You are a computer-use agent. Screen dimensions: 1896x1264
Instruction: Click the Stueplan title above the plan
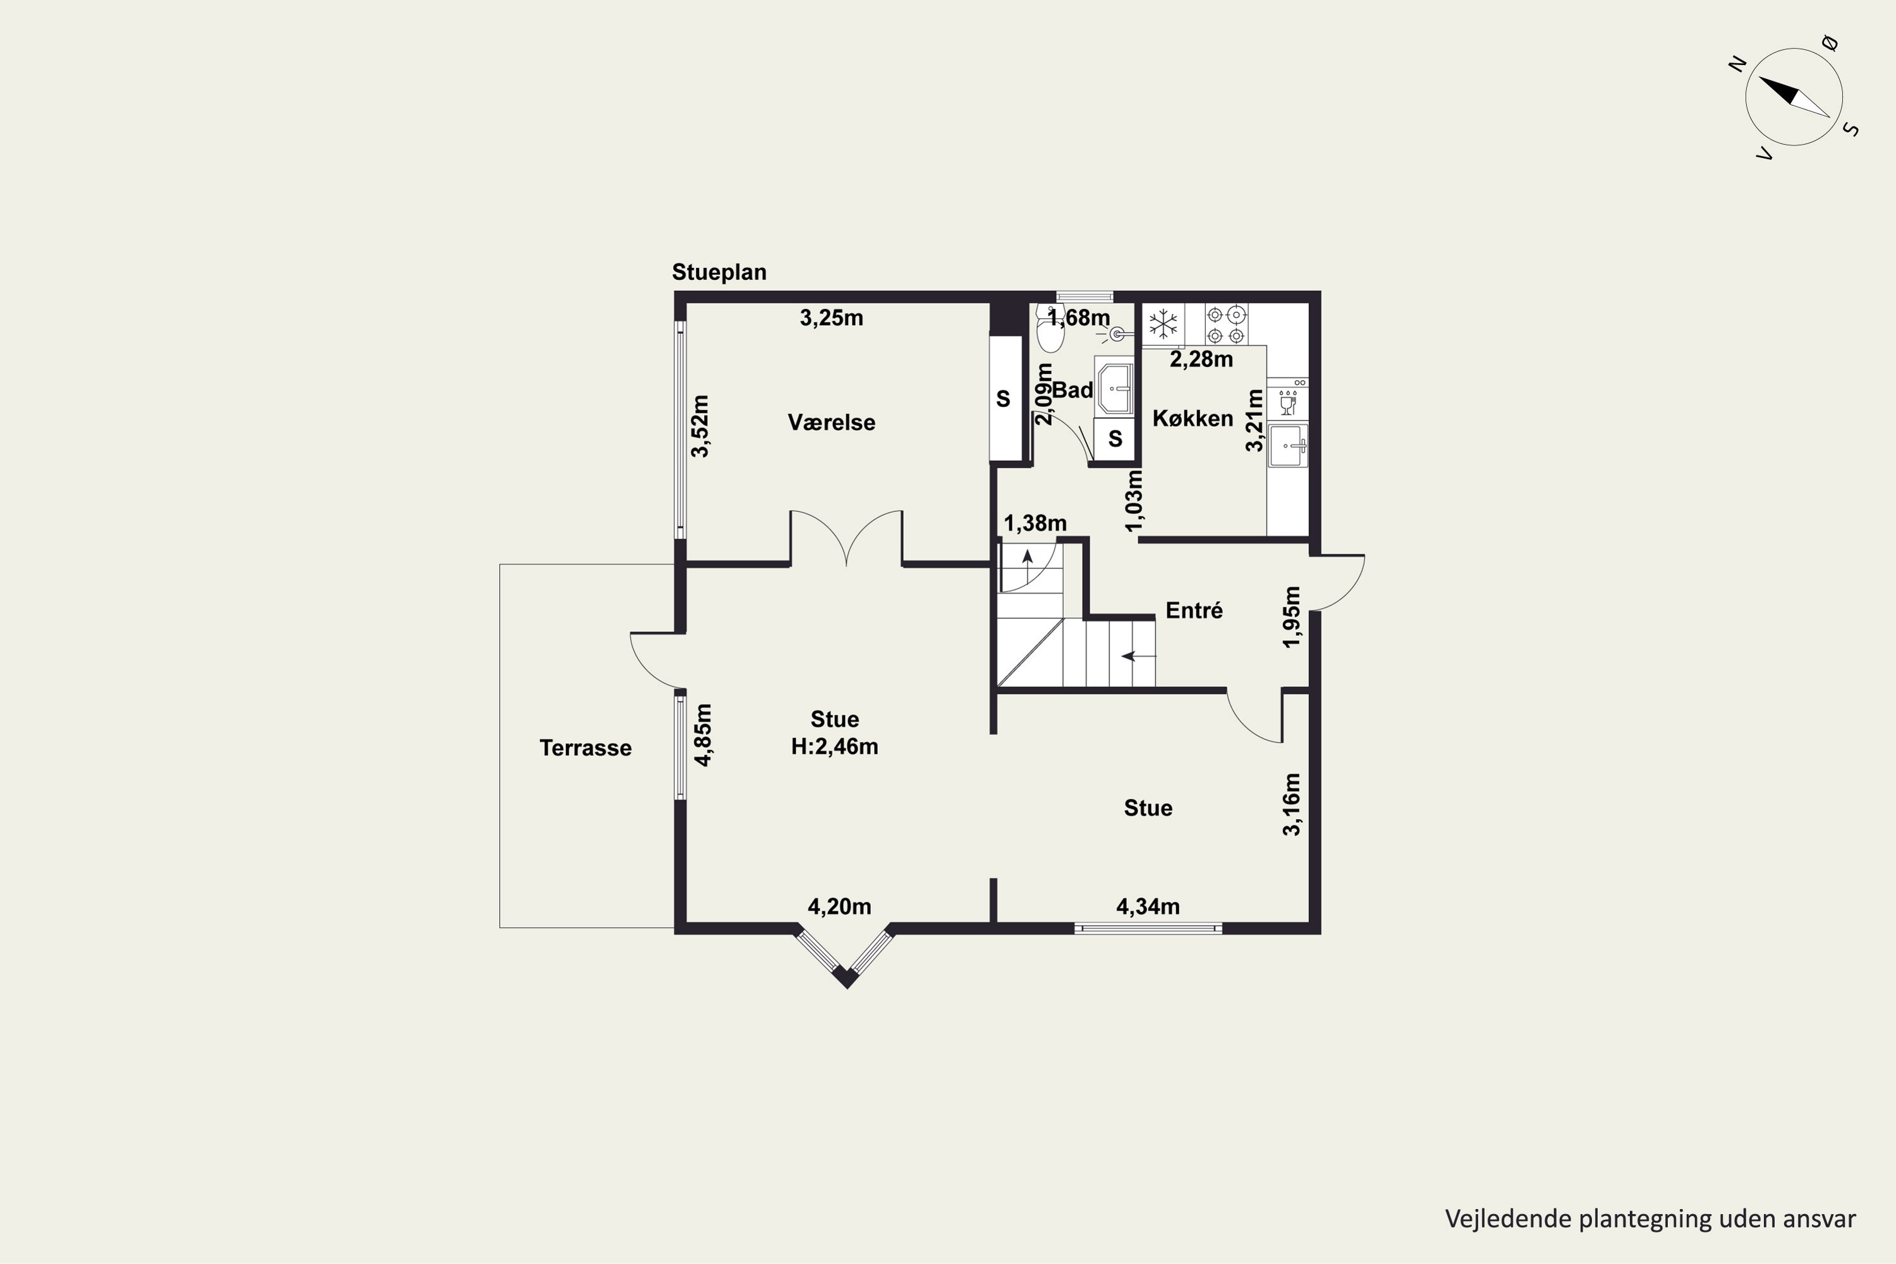click(719, 272)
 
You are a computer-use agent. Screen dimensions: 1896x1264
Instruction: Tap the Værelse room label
click(831, 422)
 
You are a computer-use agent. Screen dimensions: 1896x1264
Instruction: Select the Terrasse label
click(585, 748)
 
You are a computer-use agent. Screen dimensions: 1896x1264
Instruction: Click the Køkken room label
click(1192, 418)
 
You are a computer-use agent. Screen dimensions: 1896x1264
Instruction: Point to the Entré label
click(1194, 611)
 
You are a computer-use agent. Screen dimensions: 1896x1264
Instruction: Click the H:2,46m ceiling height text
click(834, 746)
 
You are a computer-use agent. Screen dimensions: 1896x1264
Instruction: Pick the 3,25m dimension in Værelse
click(831, 319)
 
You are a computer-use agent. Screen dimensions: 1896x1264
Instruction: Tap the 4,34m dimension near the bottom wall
click(1148, 907)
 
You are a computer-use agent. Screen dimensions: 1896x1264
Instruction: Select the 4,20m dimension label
click(839, 907)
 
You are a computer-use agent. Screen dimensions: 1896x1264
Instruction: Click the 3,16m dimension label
click(1291, 804)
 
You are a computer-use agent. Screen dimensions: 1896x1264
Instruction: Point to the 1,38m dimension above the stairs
click(1035, 524)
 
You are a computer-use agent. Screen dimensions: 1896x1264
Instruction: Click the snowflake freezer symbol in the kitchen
click(1162, 325)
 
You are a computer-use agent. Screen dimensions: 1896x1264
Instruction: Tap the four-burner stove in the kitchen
click(1227, 324)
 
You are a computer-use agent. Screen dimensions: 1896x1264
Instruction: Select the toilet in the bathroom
click(1050, 331)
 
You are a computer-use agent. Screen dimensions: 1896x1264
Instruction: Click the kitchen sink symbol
click(1287, 445)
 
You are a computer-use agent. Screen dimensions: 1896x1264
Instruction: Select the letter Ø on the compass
click(1829, 44)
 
